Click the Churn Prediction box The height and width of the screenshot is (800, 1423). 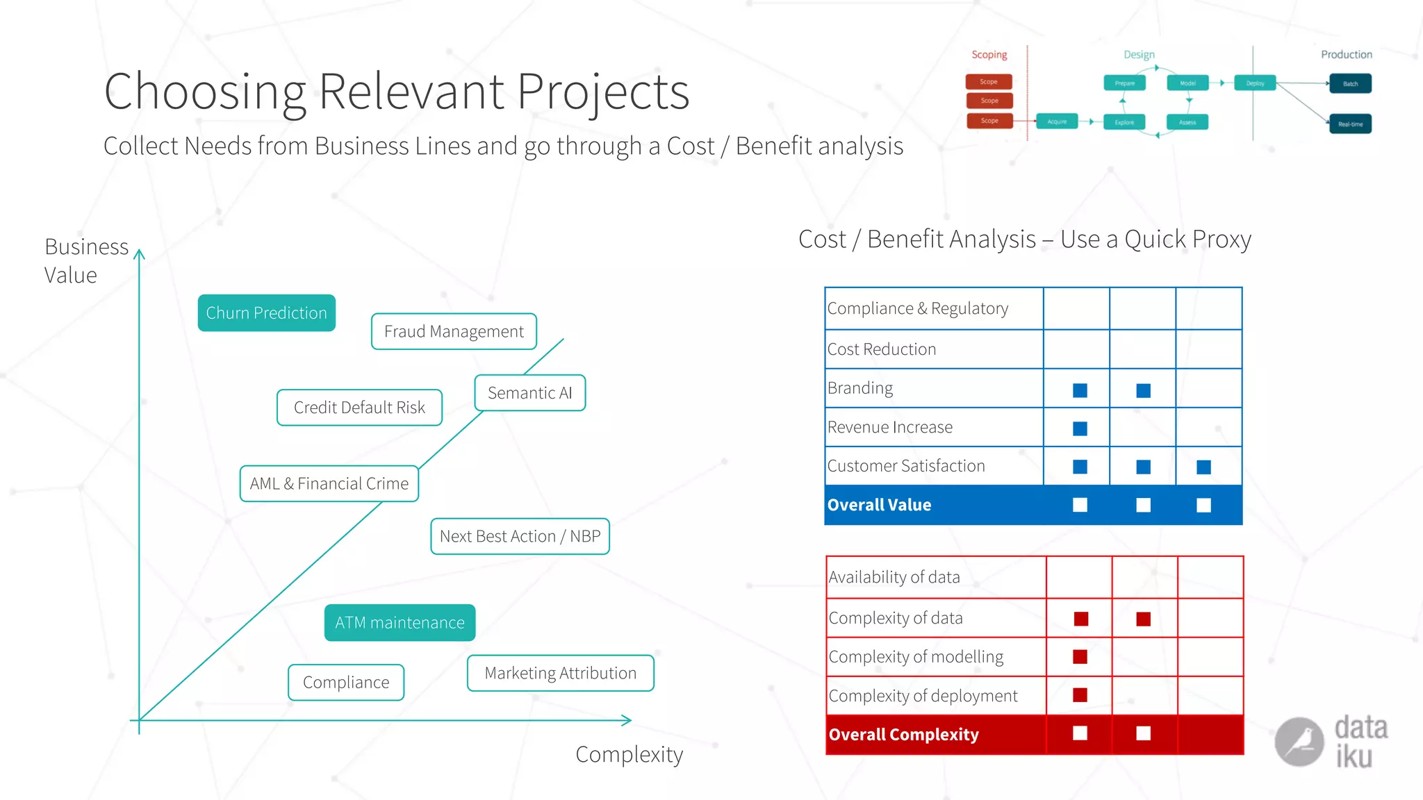[x=266, y=313]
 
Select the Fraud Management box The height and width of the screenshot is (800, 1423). [x=454, y=332]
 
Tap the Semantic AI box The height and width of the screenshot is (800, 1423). [x=529, y=393]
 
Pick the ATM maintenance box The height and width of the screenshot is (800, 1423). [x=400, y=623]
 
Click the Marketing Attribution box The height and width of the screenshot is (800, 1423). [x=560, y=673]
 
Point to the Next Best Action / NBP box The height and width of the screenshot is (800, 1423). [x=520, y=536]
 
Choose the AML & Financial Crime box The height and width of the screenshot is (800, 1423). [x=329, y=483]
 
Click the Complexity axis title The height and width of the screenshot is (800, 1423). [x=629, y=754]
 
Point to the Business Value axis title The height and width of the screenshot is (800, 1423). [x=86, y=261]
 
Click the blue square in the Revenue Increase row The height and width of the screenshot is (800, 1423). [x=1080, y=428]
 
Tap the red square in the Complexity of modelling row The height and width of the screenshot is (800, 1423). [x=1080, y=657]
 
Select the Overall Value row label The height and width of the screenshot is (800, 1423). [x=879, y=505]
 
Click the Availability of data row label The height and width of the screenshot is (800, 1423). [x=894, y=577]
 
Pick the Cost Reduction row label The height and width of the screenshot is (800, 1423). [x=882, y=349]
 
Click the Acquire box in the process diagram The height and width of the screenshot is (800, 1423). [x=1057, y=122]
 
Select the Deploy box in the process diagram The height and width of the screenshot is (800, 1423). [x=1255, y=83]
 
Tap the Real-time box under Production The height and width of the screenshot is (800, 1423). [x=1350, y=124]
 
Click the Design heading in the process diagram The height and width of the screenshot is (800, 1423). [x=1139, y=55]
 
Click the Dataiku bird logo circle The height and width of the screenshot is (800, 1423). [x=1299, y=742]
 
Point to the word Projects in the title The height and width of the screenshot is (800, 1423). [x=602, y=92]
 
